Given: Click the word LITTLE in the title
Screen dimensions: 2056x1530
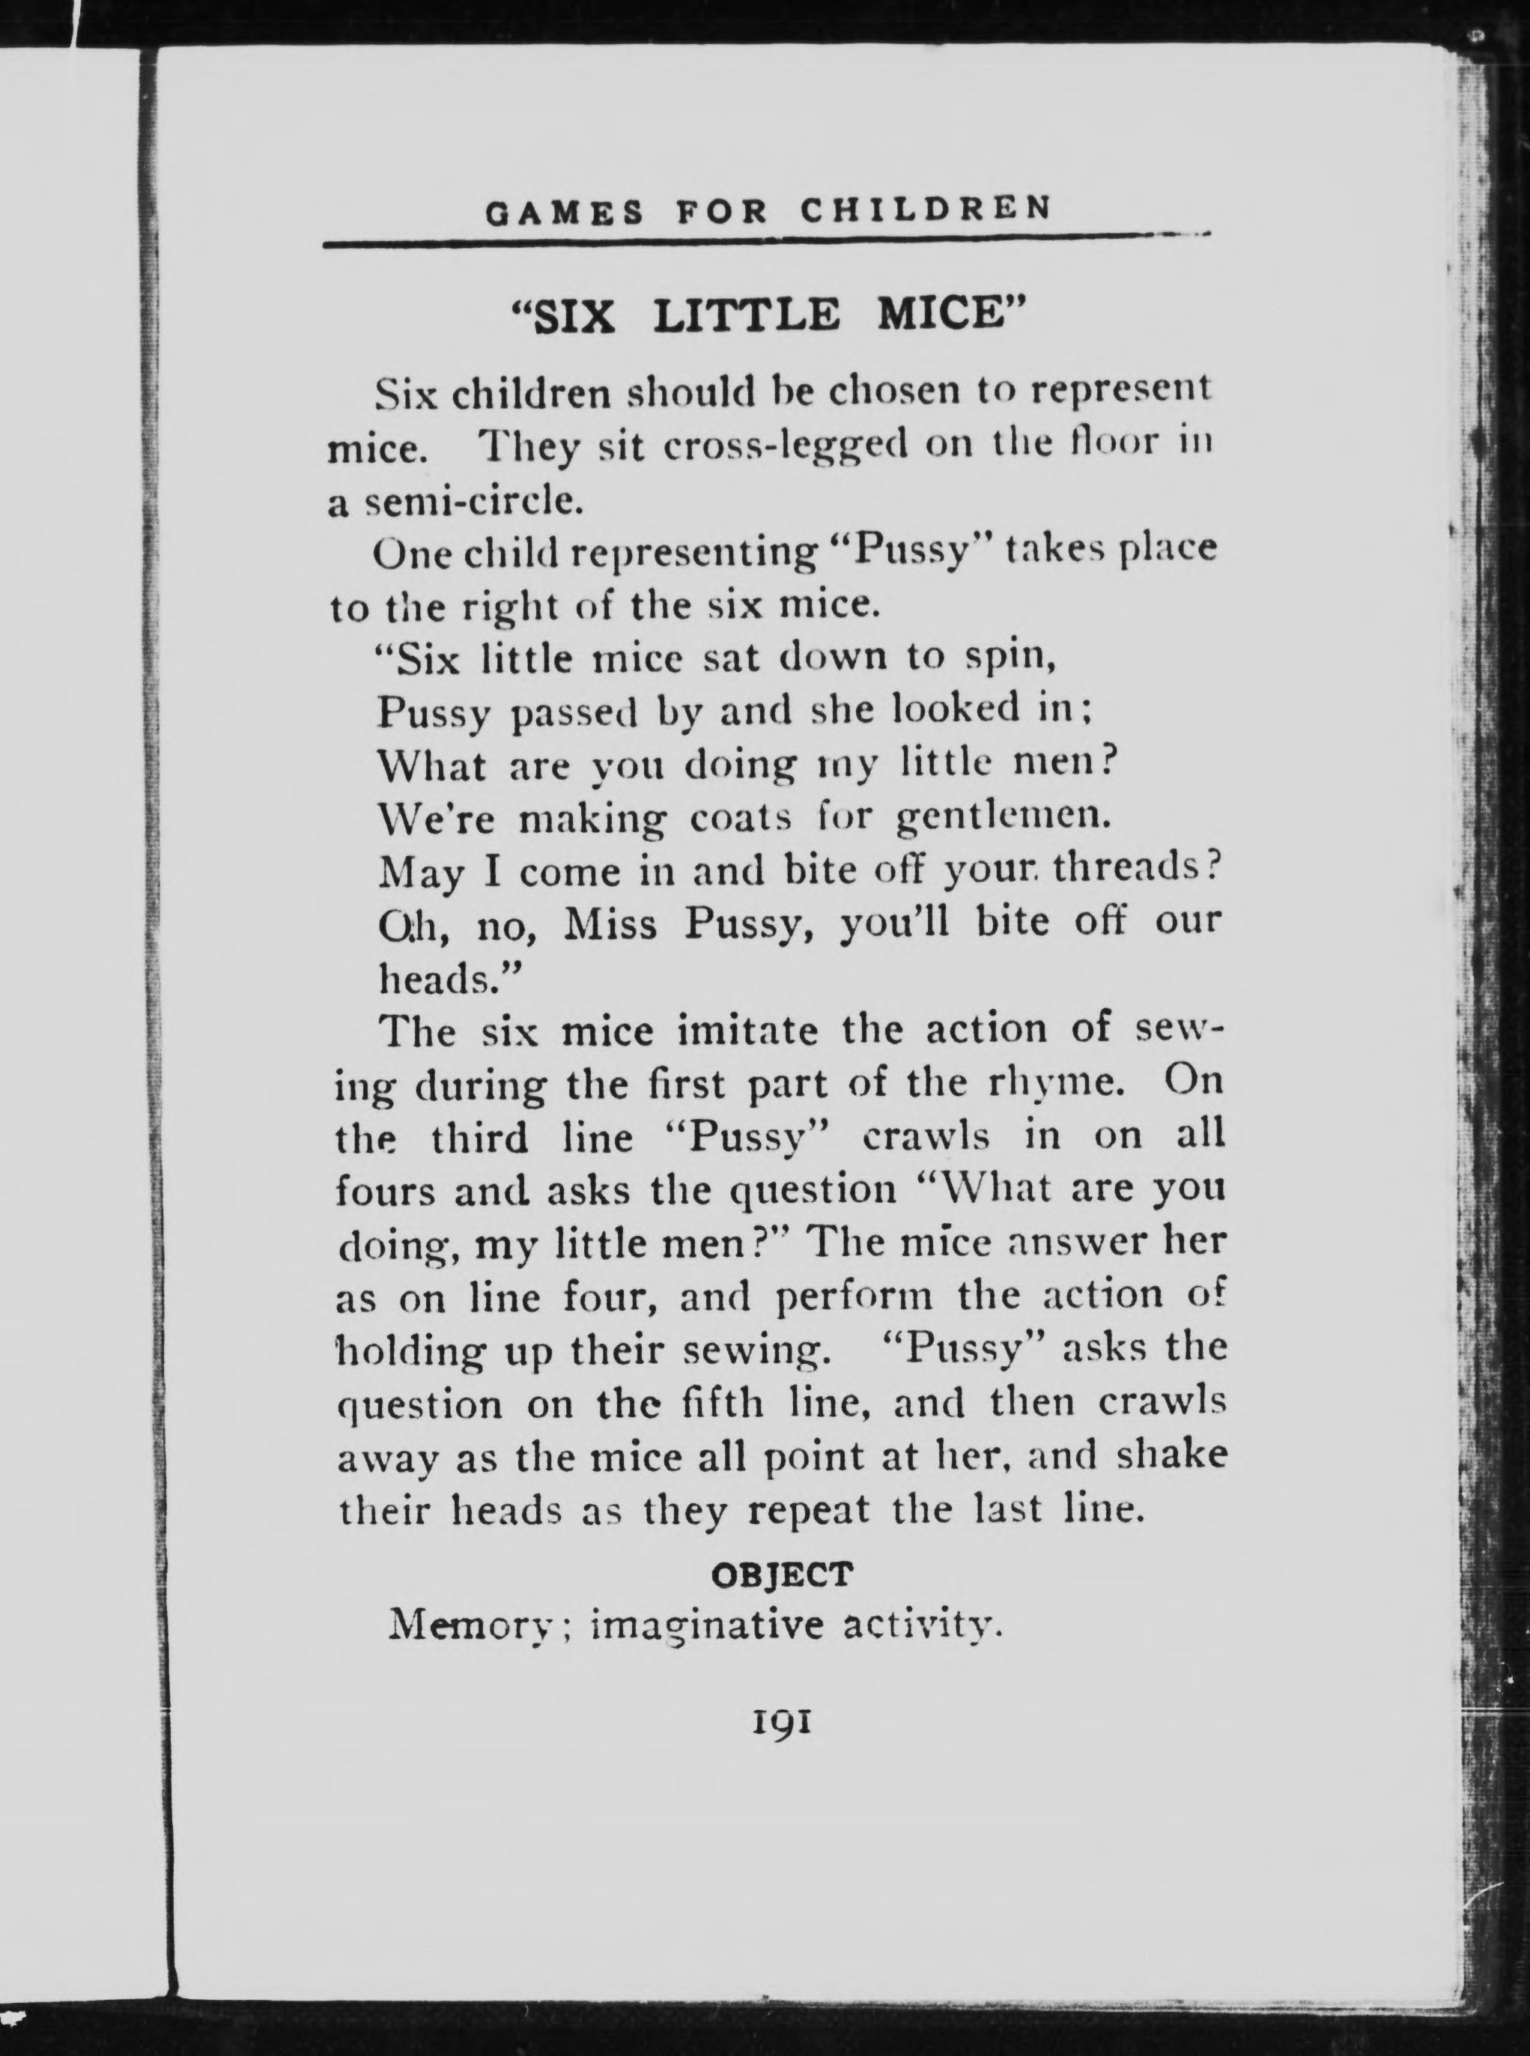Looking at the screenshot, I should (747, 316).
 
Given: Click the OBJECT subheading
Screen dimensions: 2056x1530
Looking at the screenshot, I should (781, 1574).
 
